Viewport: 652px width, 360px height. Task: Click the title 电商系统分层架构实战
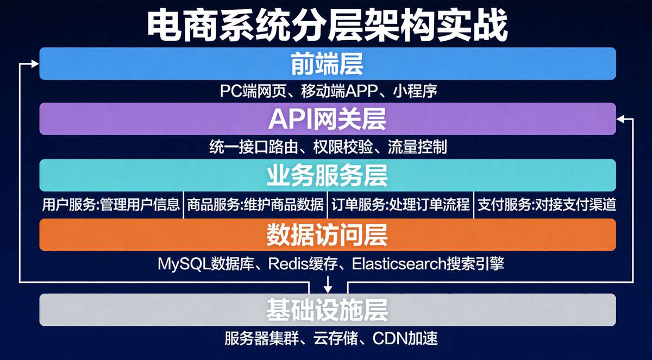coord(328,26)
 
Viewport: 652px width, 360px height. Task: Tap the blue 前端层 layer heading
coord(327,64)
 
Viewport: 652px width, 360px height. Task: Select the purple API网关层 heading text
coord(327,119)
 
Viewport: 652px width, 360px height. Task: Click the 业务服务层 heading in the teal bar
coord(327,175)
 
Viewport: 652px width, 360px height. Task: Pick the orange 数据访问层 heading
coord(327,235)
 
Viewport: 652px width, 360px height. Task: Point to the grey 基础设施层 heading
coord(327,310)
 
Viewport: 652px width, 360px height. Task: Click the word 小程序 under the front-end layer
coord(415,91)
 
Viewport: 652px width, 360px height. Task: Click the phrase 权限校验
coord(343,147)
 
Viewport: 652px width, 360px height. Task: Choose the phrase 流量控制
coord(417,147)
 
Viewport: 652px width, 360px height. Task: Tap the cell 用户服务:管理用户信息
coord(111,204)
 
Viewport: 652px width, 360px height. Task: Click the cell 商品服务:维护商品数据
coord(255,204)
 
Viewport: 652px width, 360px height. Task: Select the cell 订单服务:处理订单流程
coord(400,204)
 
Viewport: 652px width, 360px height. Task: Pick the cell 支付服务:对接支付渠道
coord(547,204)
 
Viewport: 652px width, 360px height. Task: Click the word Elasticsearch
coord(399,264)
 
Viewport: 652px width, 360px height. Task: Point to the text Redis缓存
coord(303,264)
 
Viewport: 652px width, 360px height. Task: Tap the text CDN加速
coord(405,338)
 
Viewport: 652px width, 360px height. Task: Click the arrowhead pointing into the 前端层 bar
coord(35,64)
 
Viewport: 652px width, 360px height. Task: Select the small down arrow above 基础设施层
coord(328,285)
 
